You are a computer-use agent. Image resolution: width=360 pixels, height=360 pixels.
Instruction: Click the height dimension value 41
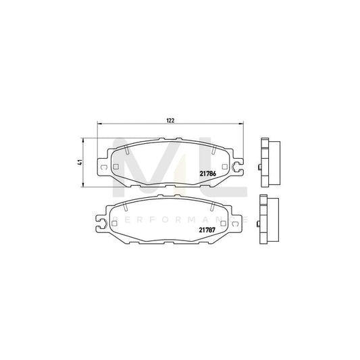tap(80, 162)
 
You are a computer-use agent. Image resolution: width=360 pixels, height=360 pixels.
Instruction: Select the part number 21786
tap(207, 172)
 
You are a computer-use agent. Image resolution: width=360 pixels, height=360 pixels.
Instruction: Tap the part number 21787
tap(207, 230)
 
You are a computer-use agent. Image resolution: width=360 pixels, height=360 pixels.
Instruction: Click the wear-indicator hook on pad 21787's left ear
tap(101, 221)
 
